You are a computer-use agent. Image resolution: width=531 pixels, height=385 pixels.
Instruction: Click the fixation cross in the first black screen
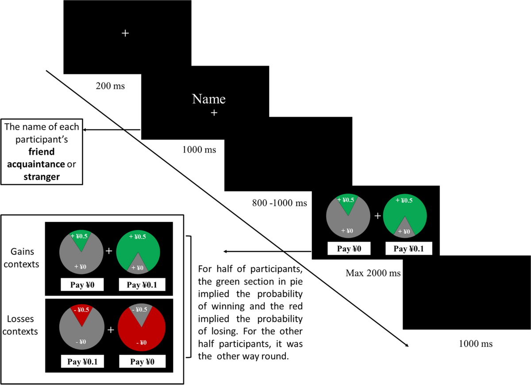coord(125,33)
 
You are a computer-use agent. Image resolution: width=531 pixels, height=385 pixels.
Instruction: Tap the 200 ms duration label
coord(110,86)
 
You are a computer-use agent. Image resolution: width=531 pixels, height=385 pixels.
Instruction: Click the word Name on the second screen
coord(209,99)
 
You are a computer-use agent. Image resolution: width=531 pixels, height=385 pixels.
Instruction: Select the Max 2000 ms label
coord(373,273)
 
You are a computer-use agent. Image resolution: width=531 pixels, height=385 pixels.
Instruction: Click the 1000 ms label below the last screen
coord(476,343)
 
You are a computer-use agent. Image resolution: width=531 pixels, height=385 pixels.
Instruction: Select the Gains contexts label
coord(23,258)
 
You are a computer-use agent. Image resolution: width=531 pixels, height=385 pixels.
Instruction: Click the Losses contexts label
coord(23,325)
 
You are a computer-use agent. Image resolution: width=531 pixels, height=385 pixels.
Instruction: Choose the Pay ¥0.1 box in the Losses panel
coord(82,362)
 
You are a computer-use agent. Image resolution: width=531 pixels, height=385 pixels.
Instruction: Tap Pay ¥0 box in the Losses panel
coord(142,362)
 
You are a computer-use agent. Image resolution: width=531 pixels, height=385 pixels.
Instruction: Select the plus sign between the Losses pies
coord(111,330)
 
